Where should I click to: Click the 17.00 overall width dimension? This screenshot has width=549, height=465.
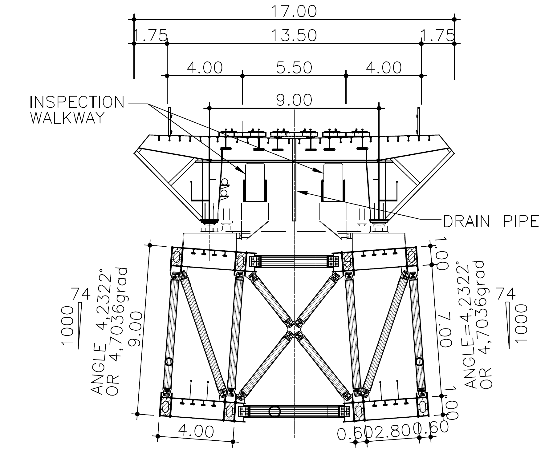[x=294, y=11]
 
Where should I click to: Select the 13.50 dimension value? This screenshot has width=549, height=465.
[x=294, y=35]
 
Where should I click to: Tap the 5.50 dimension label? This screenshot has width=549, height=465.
[x=294, y=68]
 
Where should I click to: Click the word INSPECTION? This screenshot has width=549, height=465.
[x=77, y=102]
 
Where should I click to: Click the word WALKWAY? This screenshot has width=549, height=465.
[x=66, y=118]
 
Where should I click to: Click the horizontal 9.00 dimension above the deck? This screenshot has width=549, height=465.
[x=294, y=100]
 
